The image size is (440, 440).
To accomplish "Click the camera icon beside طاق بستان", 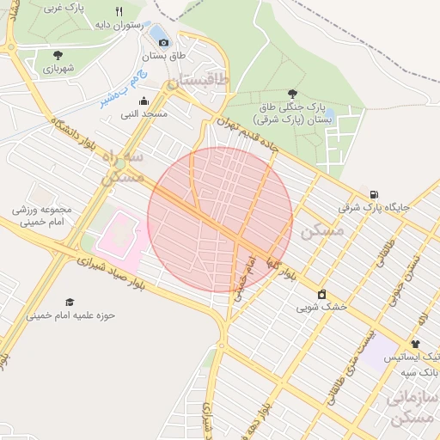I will click(164, 41).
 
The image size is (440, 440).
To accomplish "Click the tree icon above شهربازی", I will click(58, 55).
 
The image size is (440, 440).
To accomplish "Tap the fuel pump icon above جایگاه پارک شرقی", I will click(373, 193).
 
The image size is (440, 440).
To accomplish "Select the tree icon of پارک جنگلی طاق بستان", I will click(293, 94).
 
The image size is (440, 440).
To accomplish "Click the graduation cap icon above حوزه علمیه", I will click(70, 302).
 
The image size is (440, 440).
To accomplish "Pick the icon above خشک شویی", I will click(321, 294).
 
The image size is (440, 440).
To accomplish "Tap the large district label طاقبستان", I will click(199, 81).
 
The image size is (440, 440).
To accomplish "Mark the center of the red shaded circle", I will click(220, 219).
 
